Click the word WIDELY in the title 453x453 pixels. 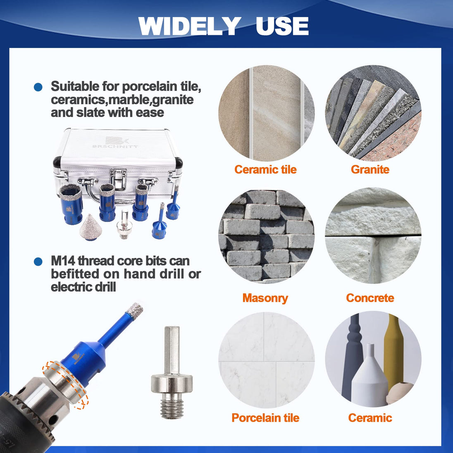coord(190,26)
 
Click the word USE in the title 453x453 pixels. coord(282,26)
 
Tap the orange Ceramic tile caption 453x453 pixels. coord(265,169)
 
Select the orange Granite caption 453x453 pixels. coord(370,169)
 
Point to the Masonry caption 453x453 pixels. coord(265,298)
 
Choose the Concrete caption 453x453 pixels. coord(370,298)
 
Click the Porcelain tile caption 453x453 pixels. coord(265,418)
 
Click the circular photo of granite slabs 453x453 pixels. coord(373,113)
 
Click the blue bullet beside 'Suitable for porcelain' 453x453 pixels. coord(38,87)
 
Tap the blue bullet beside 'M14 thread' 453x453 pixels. coord(38,262)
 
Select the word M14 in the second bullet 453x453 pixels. coord(63,261)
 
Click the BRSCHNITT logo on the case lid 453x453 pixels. coord(115,143)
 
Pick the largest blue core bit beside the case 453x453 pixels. coord(71,204)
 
